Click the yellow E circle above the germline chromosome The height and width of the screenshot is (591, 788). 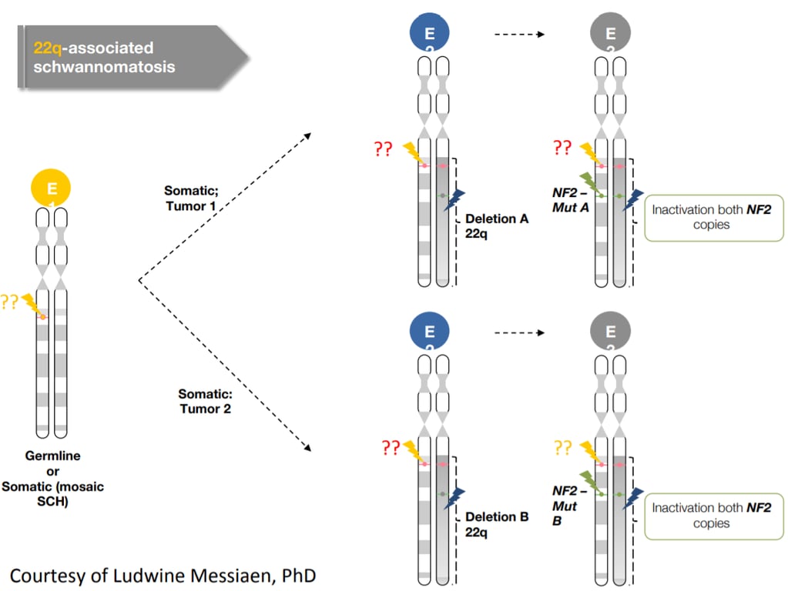[x=51, y=188]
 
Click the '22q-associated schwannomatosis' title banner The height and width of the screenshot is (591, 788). [x=127, y=57]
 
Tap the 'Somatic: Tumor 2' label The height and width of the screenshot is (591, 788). [x=205, y=401]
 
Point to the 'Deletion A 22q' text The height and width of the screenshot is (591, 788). [x=497, y=225]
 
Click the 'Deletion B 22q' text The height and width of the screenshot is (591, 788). [x=497, y=524]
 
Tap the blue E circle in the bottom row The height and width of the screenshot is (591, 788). [x=430, y=332]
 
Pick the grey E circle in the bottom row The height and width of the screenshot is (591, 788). [x=611, y=332]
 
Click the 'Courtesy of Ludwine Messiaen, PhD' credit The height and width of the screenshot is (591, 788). [x=163, y=575]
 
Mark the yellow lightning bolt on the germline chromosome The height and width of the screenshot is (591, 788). [x=32, y=304]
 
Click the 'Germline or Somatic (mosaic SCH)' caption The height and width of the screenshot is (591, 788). [x=52, y=479]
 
